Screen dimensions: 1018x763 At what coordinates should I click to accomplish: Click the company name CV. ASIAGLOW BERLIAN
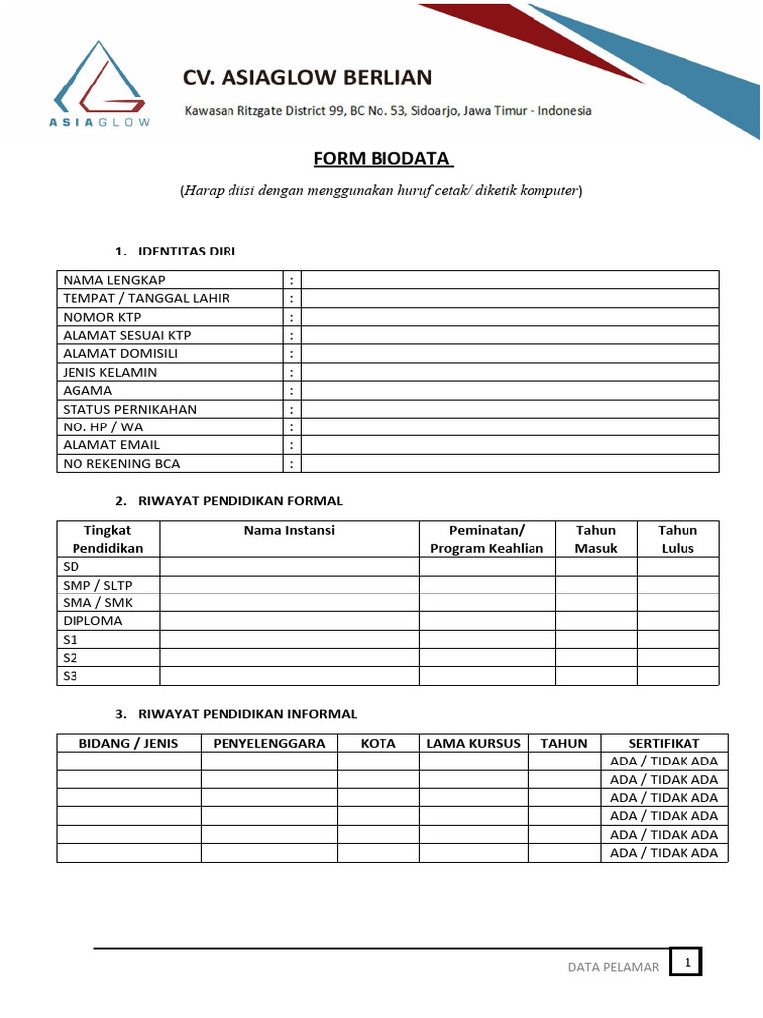(x=307, y=78)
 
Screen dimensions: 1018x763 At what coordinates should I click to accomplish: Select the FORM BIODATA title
(x=383, y=160)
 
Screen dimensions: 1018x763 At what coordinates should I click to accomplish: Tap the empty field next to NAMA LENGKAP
(x=510, y=280)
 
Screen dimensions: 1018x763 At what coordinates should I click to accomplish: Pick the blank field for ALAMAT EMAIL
(x=510, y=445)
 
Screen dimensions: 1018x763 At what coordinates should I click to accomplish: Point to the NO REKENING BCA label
(x=121, y=464)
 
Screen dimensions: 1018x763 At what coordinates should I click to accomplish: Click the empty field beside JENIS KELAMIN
(x=510, y=372)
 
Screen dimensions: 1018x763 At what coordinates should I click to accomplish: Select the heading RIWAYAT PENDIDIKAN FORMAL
(x=240, y=501)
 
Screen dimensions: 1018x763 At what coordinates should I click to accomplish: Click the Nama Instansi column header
(x=289, y=531)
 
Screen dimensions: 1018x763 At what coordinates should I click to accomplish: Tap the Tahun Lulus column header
(x=678, y=539)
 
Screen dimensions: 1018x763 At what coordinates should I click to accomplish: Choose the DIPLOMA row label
(x=92, y=621)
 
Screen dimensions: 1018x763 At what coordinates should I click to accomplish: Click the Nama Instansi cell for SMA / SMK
(x=289, y=602)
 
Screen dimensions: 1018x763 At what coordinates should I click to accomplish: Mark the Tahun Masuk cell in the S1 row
(x=596, y=639)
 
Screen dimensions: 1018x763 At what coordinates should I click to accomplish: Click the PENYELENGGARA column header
(x=269, y=743)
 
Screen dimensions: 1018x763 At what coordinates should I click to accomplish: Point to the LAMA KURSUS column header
(x=473, y=743)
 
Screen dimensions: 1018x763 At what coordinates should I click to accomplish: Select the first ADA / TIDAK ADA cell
(x=664, y=762)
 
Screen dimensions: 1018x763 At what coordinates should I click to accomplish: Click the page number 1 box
(x=686, y=962)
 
